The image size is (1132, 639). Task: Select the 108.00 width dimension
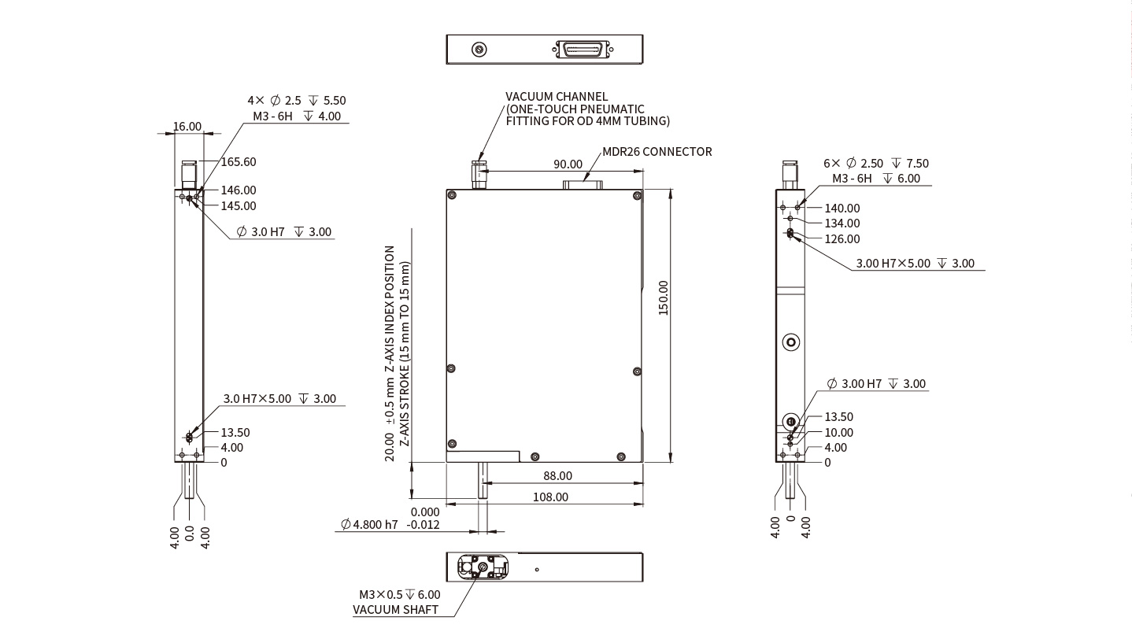pos(550,497)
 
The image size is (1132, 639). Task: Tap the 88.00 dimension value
pos(557,476)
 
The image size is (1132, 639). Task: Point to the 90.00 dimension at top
pos(568,164)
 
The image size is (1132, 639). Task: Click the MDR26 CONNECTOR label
pos(657,152)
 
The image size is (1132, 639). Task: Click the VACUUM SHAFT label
pos(395,610)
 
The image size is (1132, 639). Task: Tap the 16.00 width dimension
pos(187,126)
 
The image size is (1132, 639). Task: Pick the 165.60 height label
pos(238,162)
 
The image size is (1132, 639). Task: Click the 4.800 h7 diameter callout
pos(369,525)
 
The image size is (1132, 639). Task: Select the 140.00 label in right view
pos(842,209)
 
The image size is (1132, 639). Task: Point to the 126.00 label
pos(842,239)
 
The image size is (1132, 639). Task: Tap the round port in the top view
pos(479,50)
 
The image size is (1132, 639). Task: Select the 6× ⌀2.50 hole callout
pos(875,164)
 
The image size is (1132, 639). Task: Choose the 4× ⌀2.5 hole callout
pos(296,101)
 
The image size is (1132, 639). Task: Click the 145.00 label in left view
pos(238,206)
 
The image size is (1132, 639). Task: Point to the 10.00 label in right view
pos(838,433)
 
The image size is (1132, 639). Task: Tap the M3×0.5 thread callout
pos(399,595)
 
